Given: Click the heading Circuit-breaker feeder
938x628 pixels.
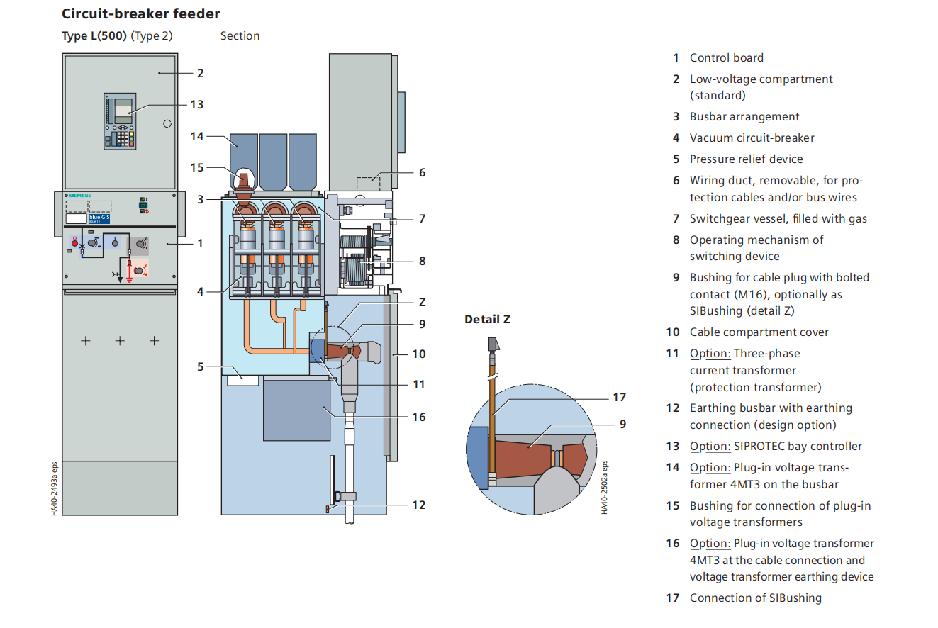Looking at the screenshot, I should (x=140, y=13).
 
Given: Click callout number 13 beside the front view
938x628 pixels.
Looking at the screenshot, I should (x=196, y=104).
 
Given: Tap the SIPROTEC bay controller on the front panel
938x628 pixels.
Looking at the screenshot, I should (x=120, y=120).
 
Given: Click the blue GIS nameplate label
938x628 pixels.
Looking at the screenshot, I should (x=99, y=217).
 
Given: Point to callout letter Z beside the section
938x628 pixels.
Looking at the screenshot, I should (x=422, y=301).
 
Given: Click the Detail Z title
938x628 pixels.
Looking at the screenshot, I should (x=487, y=320).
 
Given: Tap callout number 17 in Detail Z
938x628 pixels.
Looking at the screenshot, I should (x=620, y=398).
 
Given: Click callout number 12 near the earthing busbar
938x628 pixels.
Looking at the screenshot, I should (x=419, y=505).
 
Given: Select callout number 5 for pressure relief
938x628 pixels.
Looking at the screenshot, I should (x=201, y=366).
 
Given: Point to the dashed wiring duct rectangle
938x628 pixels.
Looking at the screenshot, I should (x=368, y=184).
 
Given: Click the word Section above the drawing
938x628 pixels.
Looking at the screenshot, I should (x=240, y=36).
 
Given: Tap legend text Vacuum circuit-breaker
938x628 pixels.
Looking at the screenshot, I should (x=752, y=138).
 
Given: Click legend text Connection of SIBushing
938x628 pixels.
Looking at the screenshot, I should (x=755, y=598).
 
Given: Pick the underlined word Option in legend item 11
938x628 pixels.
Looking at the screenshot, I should (x=710, y=353).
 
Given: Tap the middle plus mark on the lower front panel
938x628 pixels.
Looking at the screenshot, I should (x=120, y=341).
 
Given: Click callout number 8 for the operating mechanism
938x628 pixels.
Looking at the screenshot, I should (x=422, y=261).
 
